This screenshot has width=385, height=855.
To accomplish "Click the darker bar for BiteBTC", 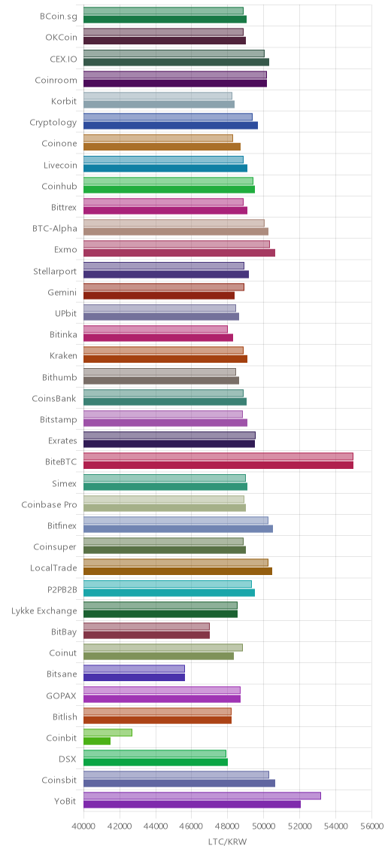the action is [x=218, y=465].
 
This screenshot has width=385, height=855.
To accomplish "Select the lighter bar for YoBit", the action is [x=202, y=796].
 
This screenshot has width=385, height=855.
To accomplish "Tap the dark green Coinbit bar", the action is [x=97, y=741].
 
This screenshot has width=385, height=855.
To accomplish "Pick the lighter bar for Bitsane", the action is [x=134, y=668].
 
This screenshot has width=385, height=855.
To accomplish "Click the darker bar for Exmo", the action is [x=179, y=253].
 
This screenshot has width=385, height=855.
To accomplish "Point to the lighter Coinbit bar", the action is [x=108, y=732].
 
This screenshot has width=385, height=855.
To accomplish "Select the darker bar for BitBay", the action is [x=147, y=635].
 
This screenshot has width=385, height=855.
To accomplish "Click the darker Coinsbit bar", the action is [x=179, y=783].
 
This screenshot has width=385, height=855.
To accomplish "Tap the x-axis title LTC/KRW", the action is [x=228, y=842].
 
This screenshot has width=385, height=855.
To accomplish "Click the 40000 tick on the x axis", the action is [x=84, y=826].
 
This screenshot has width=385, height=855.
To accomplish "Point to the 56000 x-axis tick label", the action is [x=372, y=826].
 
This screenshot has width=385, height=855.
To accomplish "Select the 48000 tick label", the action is [x=228, y=826].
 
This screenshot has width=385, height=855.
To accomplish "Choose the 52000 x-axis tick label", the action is [x=300, y=826].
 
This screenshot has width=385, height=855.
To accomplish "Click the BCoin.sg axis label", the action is [x=58, y=17].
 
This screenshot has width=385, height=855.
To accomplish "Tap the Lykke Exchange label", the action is [x=44, y=610].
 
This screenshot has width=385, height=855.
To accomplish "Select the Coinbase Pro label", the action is [x=49, y=504].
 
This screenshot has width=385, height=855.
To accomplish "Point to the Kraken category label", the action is [x=63, y=356].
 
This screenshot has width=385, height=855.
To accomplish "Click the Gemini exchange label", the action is [x=62, y=292].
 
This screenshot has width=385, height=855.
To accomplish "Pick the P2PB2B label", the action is [x=62, y=589].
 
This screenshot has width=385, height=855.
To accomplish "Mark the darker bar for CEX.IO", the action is [x=177, y=62].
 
